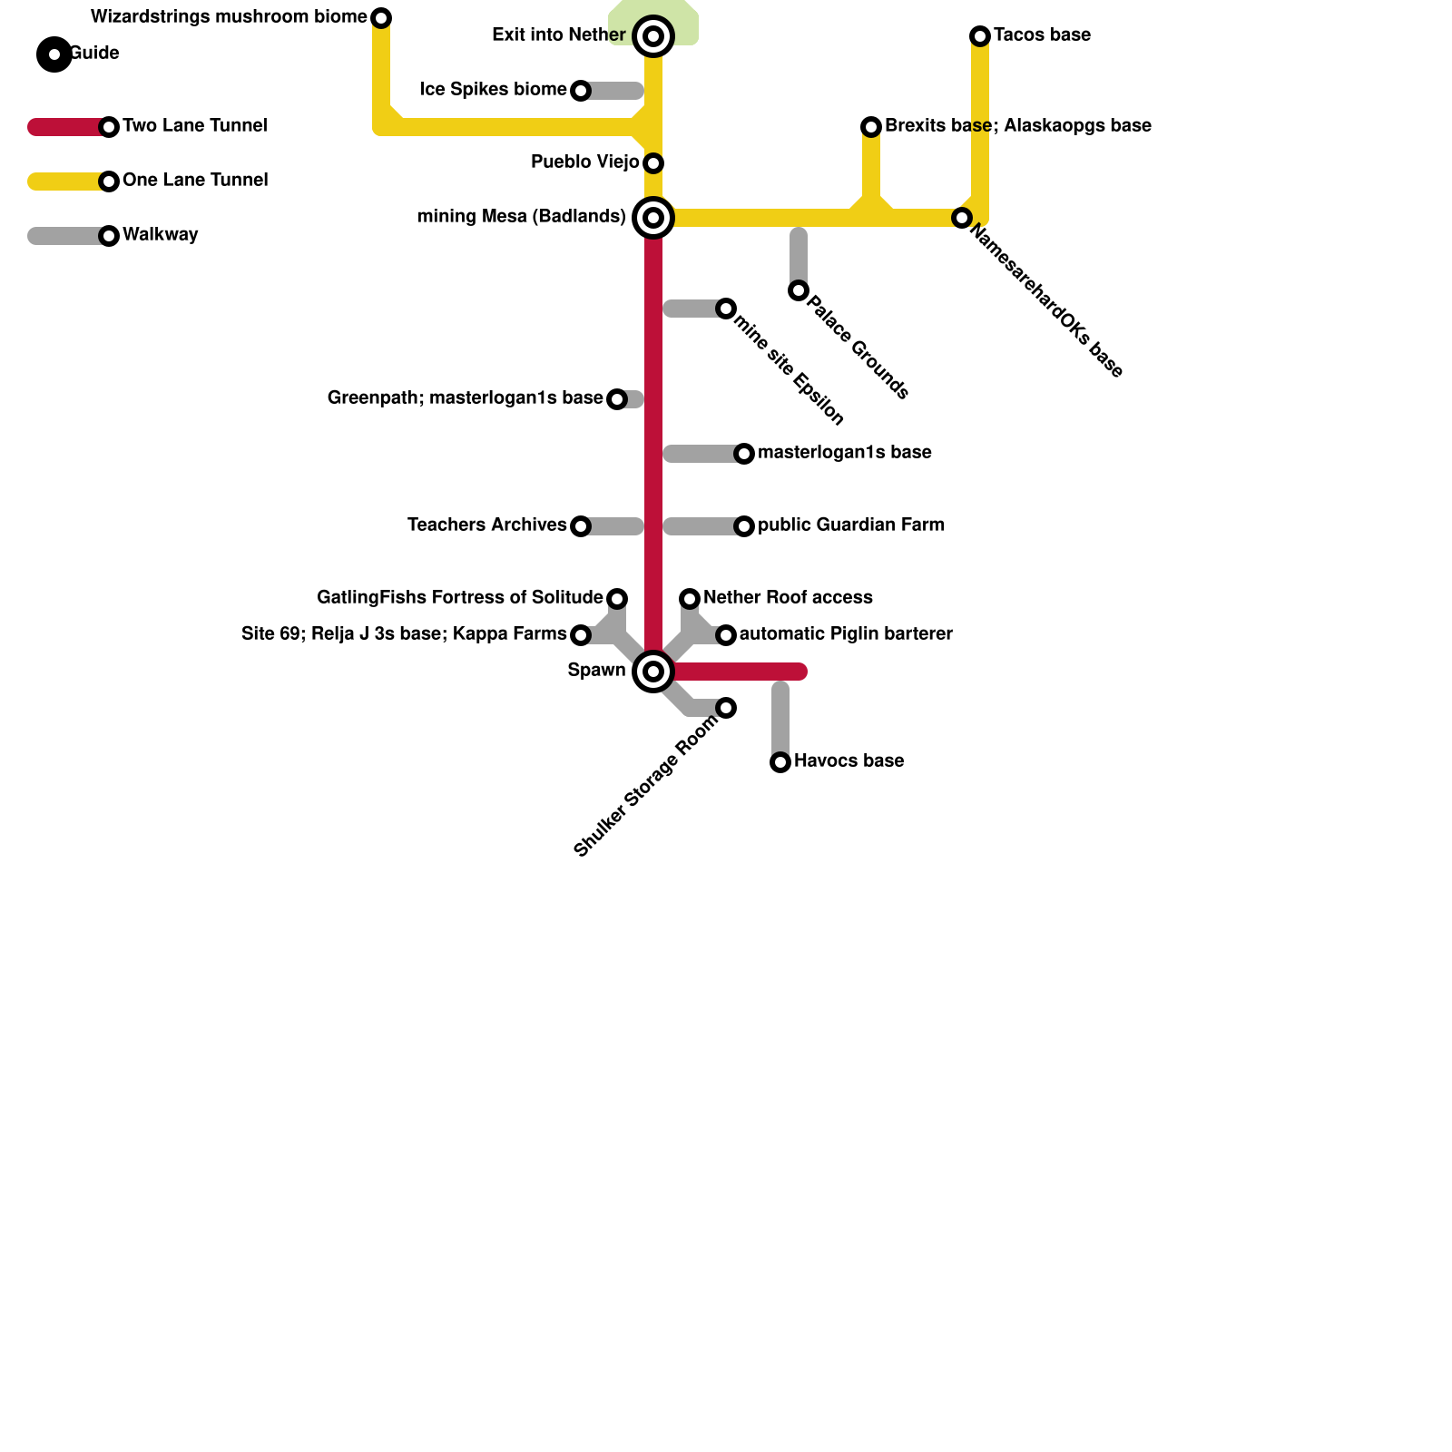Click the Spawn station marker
tap(653, 672)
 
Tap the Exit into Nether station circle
tap(653, 36)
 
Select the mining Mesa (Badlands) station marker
tap(653, 218)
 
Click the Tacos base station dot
tap(980, 36)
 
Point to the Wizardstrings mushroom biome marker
tap(382, 18)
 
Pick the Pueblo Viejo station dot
tap(653, 163)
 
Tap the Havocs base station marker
tap(780, 762)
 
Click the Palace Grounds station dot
tap(799, 290)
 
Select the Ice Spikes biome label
tap(494, 90)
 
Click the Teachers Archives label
tap(487, 525)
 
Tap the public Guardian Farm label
tap(851, 525)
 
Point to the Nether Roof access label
tap(788, 598)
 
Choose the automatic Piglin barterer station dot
tap(726, 635)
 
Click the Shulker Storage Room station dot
tap(726, 708)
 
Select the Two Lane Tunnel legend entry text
tap(194, 126)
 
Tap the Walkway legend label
tap(160, 235)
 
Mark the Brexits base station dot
tap(871, 127)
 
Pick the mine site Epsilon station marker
tap(726, 309)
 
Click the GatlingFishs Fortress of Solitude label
tap(460, 598)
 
